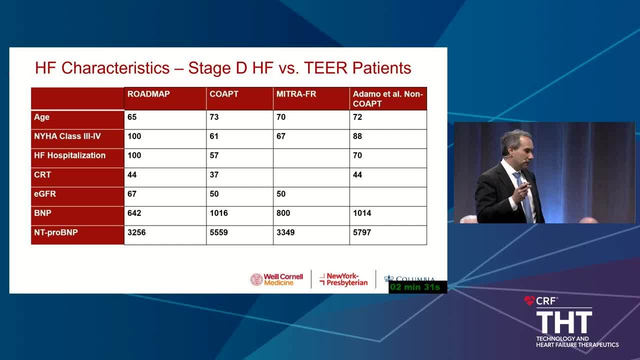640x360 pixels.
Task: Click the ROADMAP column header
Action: (x=148, y=94)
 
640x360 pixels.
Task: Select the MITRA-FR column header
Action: (x=296, y=94)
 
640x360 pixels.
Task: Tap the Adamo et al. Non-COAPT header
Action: (x=387, y=99)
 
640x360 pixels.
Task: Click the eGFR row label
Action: (x=45, y=193)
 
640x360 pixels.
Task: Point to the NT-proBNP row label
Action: (x=55, y=232)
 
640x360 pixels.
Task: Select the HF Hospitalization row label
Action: (x=69, y=155)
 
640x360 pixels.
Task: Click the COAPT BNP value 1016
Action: (x=218, y=213)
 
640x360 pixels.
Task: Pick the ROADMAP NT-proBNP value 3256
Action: (x=136, y=232)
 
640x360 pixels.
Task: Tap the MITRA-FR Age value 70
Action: (x=281, y=117)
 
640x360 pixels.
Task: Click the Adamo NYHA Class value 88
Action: (x=357, y=136)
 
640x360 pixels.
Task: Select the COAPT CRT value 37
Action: (x=214, y=174)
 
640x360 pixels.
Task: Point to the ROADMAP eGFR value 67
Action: (x=132, y=193)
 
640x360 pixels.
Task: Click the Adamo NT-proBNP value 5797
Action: (x=362, y=232)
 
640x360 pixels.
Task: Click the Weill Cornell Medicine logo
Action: (x=276, y=279)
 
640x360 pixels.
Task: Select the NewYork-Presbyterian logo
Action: (x=343, y=279)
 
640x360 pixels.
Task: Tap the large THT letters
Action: (x=564, y=322)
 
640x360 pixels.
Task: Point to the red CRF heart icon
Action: (x=529, y=300)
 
